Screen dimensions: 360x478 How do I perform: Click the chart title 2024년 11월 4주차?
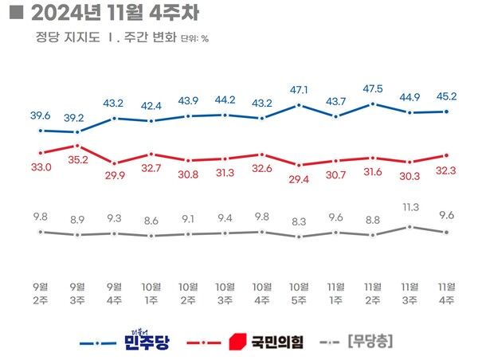107,13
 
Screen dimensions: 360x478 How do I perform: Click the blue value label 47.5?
373,88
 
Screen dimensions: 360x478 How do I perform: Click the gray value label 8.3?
299,220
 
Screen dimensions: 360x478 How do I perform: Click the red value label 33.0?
41,168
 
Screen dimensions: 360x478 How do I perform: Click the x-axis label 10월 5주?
299,294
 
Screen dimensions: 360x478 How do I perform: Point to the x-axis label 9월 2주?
41,294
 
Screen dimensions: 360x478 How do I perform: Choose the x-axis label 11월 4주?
447,294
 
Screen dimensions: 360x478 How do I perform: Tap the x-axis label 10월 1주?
151,294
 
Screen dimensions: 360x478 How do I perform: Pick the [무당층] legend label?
372,342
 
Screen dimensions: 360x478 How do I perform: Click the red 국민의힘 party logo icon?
236,342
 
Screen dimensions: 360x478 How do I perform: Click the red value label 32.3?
447,170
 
